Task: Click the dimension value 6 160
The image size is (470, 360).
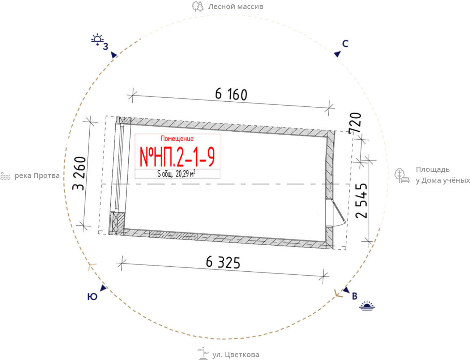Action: coord(231,94)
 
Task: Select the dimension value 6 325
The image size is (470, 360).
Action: coord(223,263)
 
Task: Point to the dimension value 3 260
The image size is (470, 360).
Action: coord(79,173)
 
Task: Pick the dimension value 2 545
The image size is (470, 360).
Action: coord(361,201)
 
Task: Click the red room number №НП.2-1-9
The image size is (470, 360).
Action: coord(177,157)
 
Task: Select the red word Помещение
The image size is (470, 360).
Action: coord(177,139)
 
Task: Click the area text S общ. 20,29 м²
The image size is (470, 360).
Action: coord(176,174)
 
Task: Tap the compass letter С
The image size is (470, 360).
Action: coord(345,44)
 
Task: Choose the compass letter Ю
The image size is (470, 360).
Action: coord(92,297)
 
